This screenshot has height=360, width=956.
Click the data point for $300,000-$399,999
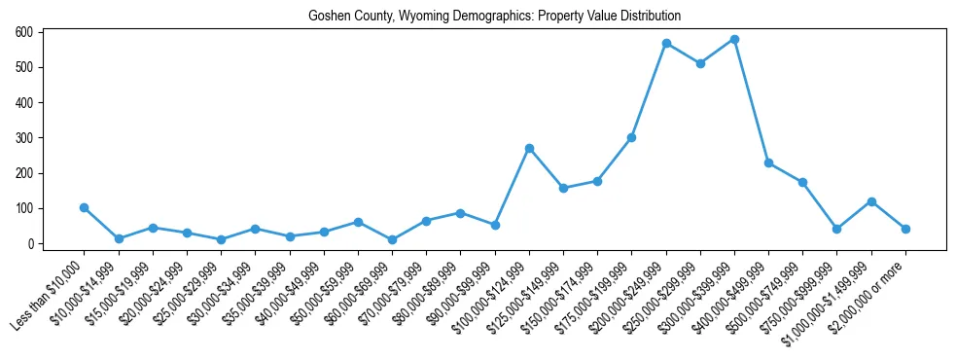click(x=734, y=40)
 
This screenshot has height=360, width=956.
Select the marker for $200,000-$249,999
click(x=666, y=43)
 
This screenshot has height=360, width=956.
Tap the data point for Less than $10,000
click(x=85, y=207)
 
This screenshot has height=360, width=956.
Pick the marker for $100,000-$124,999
click(x=529, y=148)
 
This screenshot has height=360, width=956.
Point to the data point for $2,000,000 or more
click(x=905, y=229)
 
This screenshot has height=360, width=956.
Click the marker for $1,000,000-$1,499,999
click(x=871, y=201)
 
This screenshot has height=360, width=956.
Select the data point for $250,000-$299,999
click(x=700, y=63)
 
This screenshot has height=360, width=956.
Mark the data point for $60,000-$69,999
click(x=392, y=239)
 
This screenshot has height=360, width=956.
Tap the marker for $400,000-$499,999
click(x=768, y=162)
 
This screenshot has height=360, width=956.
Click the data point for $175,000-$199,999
click(x=631, y=137)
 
